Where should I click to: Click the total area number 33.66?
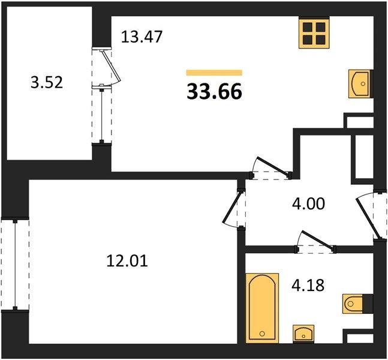pyautogui.click(x=214, y=91)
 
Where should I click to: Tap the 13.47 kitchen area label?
pyautogui.click(x=142, y=37)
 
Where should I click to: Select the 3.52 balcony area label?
pyautogui.click(x=47, y=82)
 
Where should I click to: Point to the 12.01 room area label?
pyautogui.click(x=127, y=261)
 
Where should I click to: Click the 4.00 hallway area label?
pyautogui.click(x=308, y=204)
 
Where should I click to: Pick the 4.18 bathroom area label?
pyautogui.click(x=308, y=285)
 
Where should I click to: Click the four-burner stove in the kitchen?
pyautogui.click(x=314, y=32)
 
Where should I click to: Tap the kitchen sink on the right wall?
pyautogui.click(x=361, y=83)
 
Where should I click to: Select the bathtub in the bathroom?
pyautogui.click(x=262, y=308)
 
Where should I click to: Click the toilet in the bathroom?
pyautogui.click(x=357, y=304)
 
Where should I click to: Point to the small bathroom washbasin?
pyautogui.click(x=303, y=334)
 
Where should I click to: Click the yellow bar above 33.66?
pyautogui.click(x=214, y=73)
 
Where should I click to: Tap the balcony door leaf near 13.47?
pyautogui.click(x=111, y=65)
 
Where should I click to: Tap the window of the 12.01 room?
pyautogui.click(x=15, y=264)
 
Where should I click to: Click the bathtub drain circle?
pyautogui.click(x=262, y=334)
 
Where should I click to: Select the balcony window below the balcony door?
pyautogui.click(x=102, y=115)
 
